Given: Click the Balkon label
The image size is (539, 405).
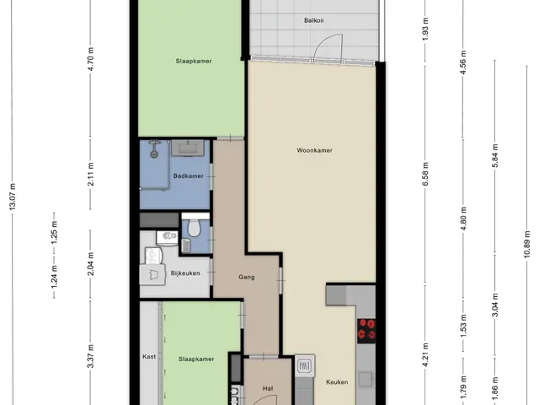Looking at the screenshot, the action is (313, 20).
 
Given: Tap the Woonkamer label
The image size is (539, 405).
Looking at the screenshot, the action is (314, 150).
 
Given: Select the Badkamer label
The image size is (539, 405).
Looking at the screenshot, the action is (188, 176).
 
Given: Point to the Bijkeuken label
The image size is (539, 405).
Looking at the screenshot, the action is (185, 273).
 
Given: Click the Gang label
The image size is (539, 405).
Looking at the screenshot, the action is (247, 277).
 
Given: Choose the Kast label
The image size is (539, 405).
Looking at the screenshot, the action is (149, 356).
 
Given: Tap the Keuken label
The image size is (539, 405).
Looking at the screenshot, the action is (337, 382).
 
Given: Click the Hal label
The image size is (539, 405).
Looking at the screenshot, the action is (268, 388).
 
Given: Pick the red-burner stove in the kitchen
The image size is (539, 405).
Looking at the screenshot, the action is (366, 331).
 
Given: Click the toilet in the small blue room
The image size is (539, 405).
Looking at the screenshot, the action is (194, 229).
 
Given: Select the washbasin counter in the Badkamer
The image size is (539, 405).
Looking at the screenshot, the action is (188, 148).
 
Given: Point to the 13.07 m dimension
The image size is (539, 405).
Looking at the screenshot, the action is (13, 197).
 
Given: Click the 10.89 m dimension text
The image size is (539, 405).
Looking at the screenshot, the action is (527, 244).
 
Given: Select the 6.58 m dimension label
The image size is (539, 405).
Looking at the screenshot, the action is (425, 175).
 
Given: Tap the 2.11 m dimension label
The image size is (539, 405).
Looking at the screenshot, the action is (91, 175).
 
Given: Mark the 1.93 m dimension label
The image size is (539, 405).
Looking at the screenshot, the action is (425, 29).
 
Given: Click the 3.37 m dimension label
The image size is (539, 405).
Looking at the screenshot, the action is (91, 356).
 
